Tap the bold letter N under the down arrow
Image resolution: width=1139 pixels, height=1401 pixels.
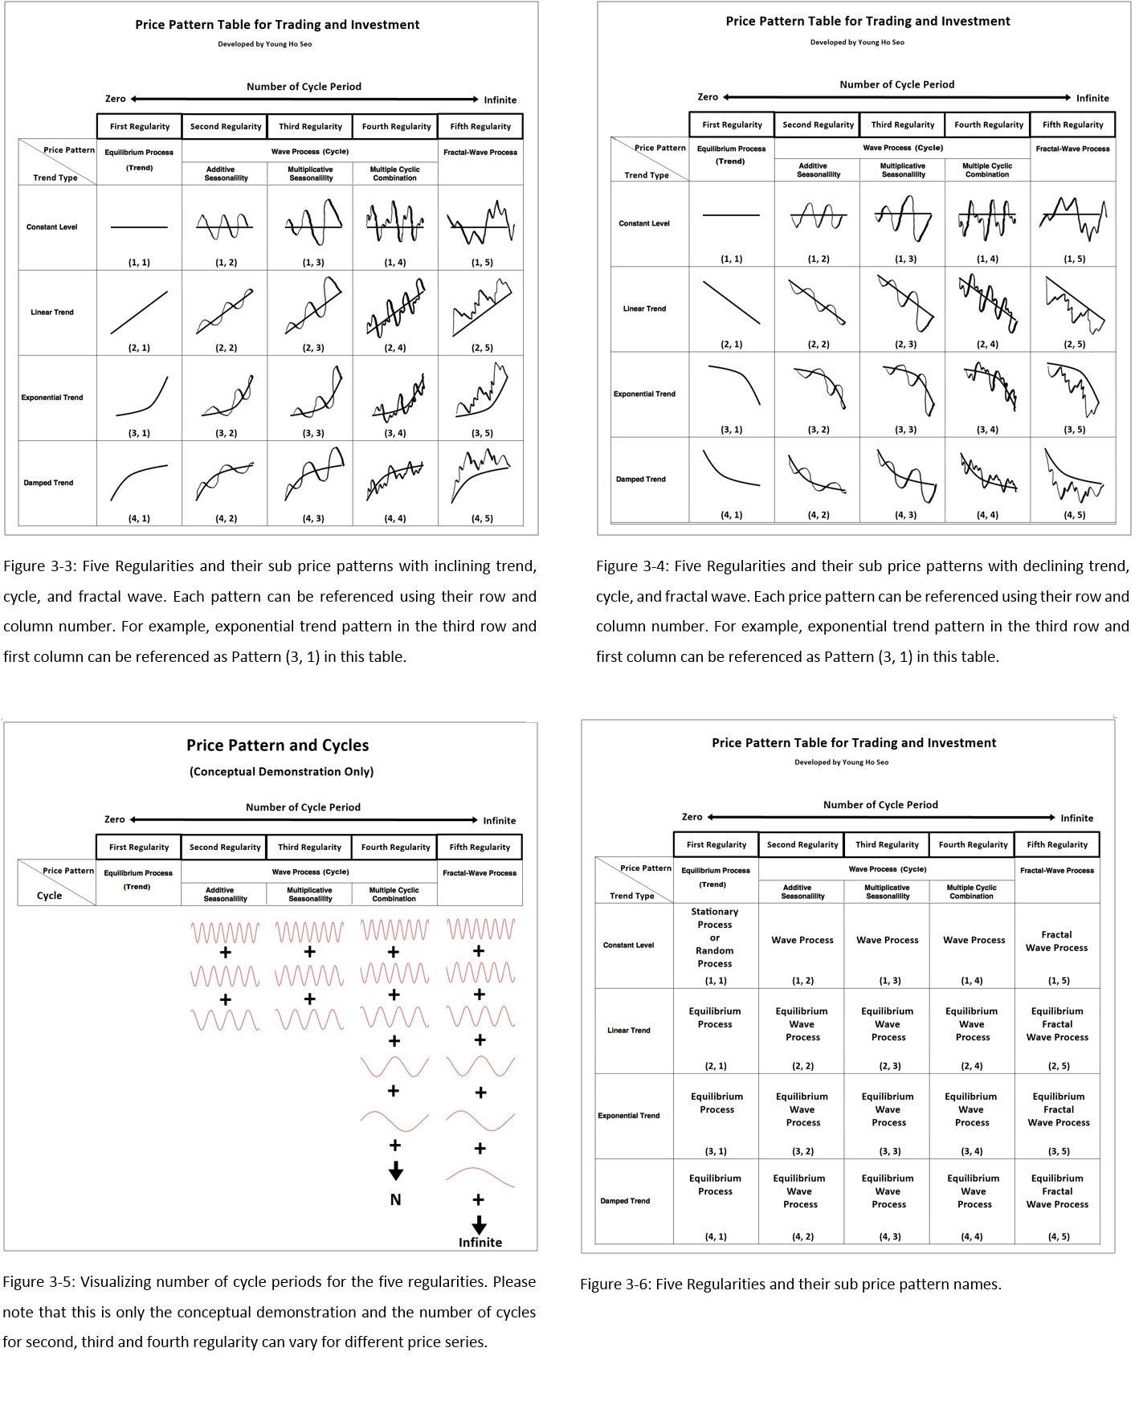(395, 1199)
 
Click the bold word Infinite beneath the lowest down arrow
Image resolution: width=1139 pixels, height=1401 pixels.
(480, 1242)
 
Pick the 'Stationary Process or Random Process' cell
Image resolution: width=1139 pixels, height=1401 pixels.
(715, 937)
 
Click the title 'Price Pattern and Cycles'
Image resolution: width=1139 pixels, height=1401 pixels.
(278, 745)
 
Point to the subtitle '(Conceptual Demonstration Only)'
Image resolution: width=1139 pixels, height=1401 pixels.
(281, 772)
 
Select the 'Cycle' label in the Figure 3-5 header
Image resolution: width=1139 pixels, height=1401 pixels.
(49, 896)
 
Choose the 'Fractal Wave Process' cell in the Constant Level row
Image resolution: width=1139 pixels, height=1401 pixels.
(1056, 941)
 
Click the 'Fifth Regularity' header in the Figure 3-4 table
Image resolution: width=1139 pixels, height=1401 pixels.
(1072, 125)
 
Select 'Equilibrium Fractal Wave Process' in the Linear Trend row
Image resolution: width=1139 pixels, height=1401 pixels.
(1057, 1024)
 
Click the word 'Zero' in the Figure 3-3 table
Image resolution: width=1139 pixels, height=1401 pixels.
(116, 99)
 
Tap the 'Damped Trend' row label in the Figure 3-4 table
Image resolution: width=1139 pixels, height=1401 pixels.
(641, 480)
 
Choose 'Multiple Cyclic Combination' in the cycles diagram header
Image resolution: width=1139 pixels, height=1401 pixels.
(394, 894)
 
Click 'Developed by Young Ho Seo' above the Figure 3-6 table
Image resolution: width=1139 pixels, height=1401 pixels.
(841, 762)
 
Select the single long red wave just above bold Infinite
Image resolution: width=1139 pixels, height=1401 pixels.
(480, 1178)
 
